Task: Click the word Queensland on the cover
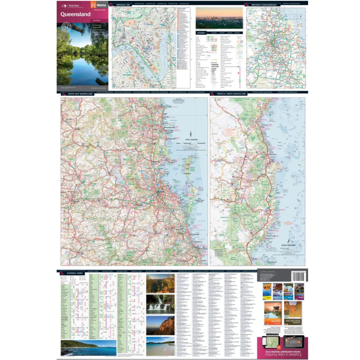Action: coord(75,14)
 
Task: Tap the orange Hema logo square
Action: coord(93,5)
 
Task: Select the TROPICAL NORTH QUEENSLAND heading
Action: coord(231,94)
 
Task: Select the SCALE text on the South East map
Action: coord(191,140)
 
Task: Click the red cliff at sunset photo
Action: coord(160,325)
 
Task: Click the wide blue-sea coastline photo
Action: coord(88,348)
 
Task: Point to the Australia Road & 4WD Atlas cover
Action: coord(293,313)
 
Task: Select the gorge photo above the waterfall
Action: coord(160,283)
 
